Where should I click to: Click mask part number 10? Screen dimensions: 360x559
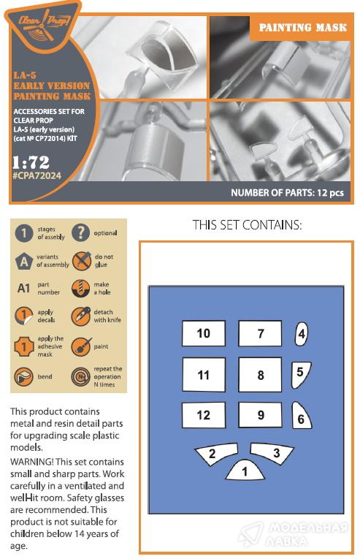tap(204, 333)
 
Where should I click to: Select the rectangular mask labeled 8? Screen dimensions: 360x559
tap(260, 375)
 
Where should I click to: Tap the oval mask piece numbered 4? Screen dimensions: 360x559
tap(302, 334)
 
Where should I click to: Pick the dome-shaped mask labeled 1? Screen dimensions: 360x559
tap(245, 470)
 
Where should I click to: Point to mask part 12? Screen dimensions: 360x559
tap(204, 415)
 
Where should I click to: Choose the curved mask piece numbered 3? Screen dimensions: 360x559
tap(272, 453)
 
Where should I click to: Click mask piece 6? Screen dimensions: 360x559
tap(301, 416)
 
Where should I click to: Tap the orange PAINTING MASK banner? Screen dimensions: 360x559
tap(302, 28)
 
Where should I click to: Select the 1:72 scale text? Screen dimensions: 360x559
tap(31, 162)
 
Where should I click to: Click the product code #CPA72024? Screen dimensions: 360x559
tap(37, 176)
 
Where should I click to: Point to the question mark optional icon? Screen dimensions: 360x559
tap(80, 232)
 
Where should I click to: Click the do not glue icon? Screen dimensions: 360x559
tap(81, 261)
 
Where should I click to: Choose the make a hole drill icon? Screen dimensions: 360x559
tap(80, 289)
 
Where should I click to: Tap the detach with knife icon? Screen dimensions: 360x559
tap(80, 316)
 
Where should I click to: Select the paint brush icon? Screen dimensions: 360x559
tap(81, 346)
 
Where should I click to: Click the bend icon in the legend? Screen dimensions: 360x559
tap(23, 377)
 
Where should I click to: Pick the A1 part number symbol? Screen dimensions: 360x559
tap(23, 288)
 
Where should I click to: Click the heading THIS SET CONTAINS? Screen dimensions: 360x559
tap(247, 225)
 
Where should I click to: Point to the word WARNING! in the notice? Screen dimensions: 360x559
tap(31, 462)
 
